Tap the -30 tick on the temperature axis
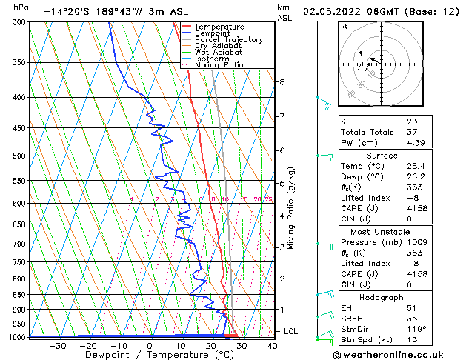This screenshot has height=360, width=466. click(x=56, y=345)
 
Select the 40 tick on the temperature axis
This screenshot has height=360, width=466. click(x=273, y=345)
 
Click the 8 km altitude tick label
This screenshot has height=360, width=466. click(x=282, y=81)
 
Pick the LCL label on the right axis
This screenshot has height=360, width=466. click(x=290, y=331)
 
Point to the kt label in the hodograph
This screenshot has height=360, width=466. click(x=344, y=27)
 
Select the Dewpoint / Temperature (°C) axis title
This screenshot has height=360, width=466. click(x=149, y=355)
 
